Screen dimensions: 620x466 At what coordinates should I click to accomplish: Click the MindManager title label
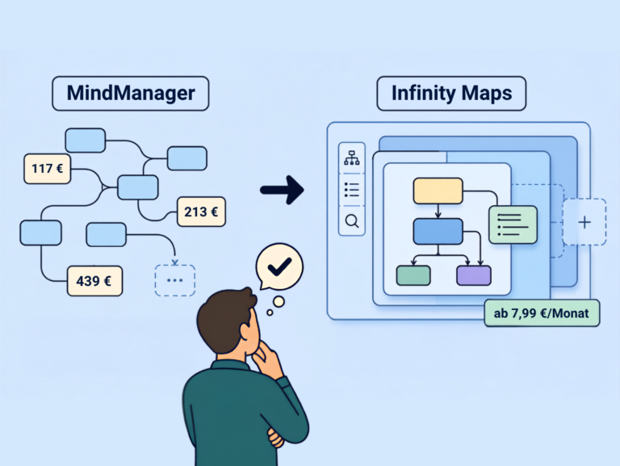131,94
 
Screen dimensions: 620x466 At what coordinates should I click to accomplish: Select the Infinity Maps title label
451,94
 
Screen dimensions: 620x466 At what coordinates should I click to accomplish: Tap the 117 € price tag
48,169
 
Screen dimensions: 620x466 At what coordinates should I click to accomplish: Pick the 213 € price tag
201,212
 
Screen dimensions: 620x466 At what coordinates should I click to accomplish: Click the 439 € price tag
94,281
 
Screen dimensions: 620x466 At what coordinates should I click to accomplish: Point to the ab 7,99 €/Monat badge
542,313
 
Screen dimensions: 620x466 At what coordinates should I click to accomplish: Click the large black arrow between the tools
282,191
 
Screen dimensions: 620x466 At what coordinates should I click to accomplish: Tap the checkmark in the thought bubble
279,267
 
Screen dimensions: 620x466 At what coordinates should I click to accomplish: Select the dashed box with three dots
174,280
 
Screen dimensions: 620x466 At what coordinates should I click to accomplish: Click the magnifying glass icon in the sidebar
352,221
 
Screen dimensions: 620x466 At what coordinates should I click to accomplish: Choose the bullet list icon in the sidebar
352,190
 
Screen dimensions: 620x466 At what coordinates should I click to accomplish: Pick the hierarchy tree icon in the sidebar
352,157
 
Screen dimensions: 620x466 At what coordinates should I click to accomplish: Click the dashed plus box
584,222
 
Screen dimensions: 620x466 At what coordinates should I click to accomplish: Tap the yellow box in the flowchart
438,191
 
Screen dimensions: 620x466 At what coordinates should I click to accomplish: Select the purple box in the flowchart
474,275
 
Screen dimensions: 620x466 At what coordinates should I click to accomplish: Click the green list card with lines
513,225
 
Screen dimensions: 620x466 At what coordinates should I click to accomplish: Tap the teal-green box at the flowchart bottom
413,275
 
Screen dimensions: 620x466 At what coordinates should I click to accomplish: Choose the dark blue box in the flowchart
438,232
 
